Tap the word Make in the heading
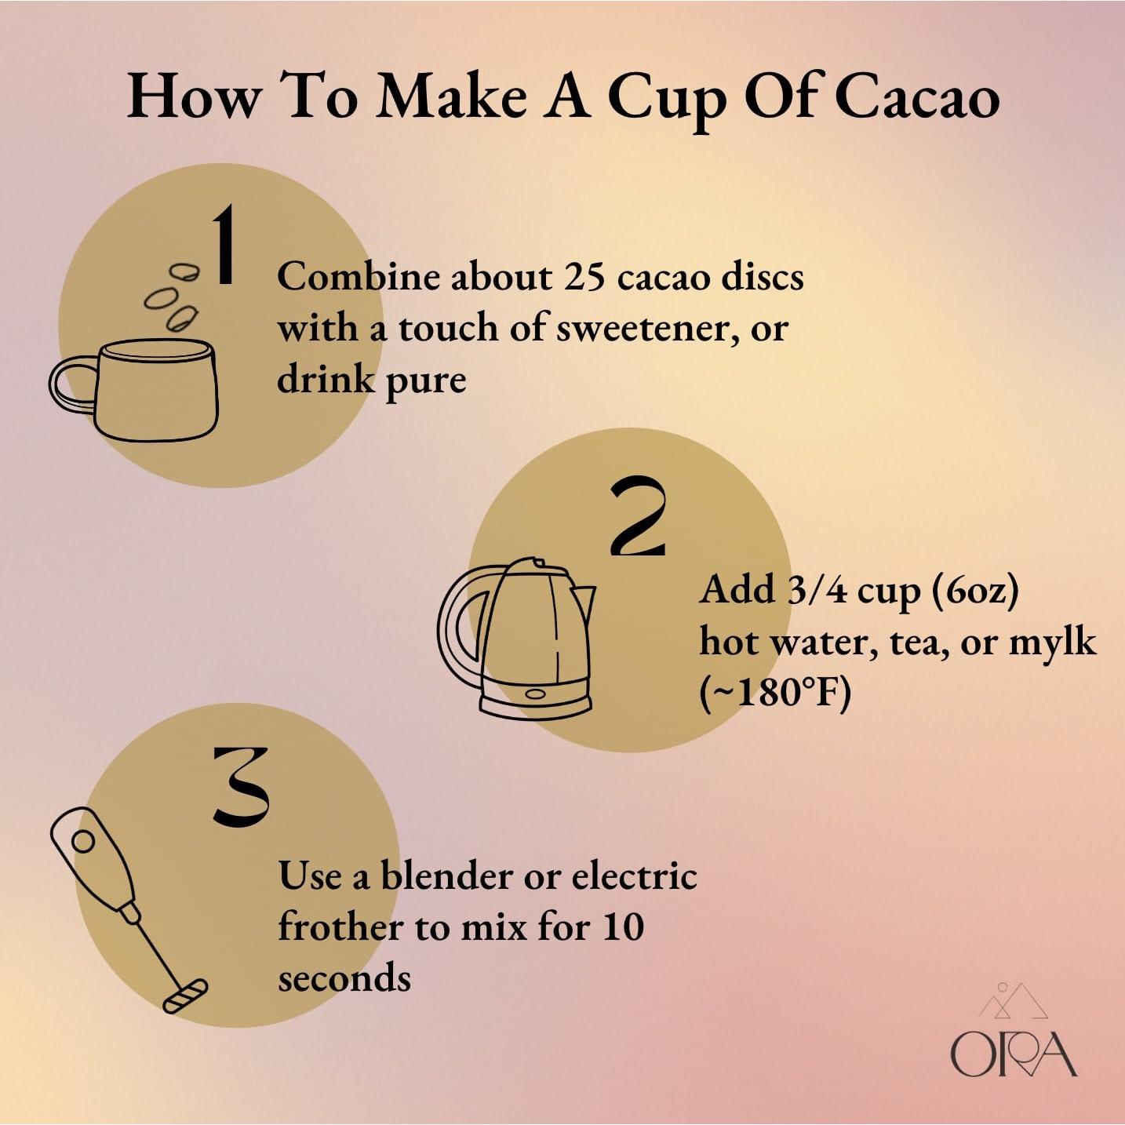[451, 97]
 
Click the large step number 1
[224, 245]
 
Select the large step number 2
[639, 517]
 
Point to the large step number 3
[241, 787]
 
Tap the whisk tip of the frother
[185, 996]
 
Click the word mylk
[1052, 642]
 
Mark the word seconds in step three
[344, 978]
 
